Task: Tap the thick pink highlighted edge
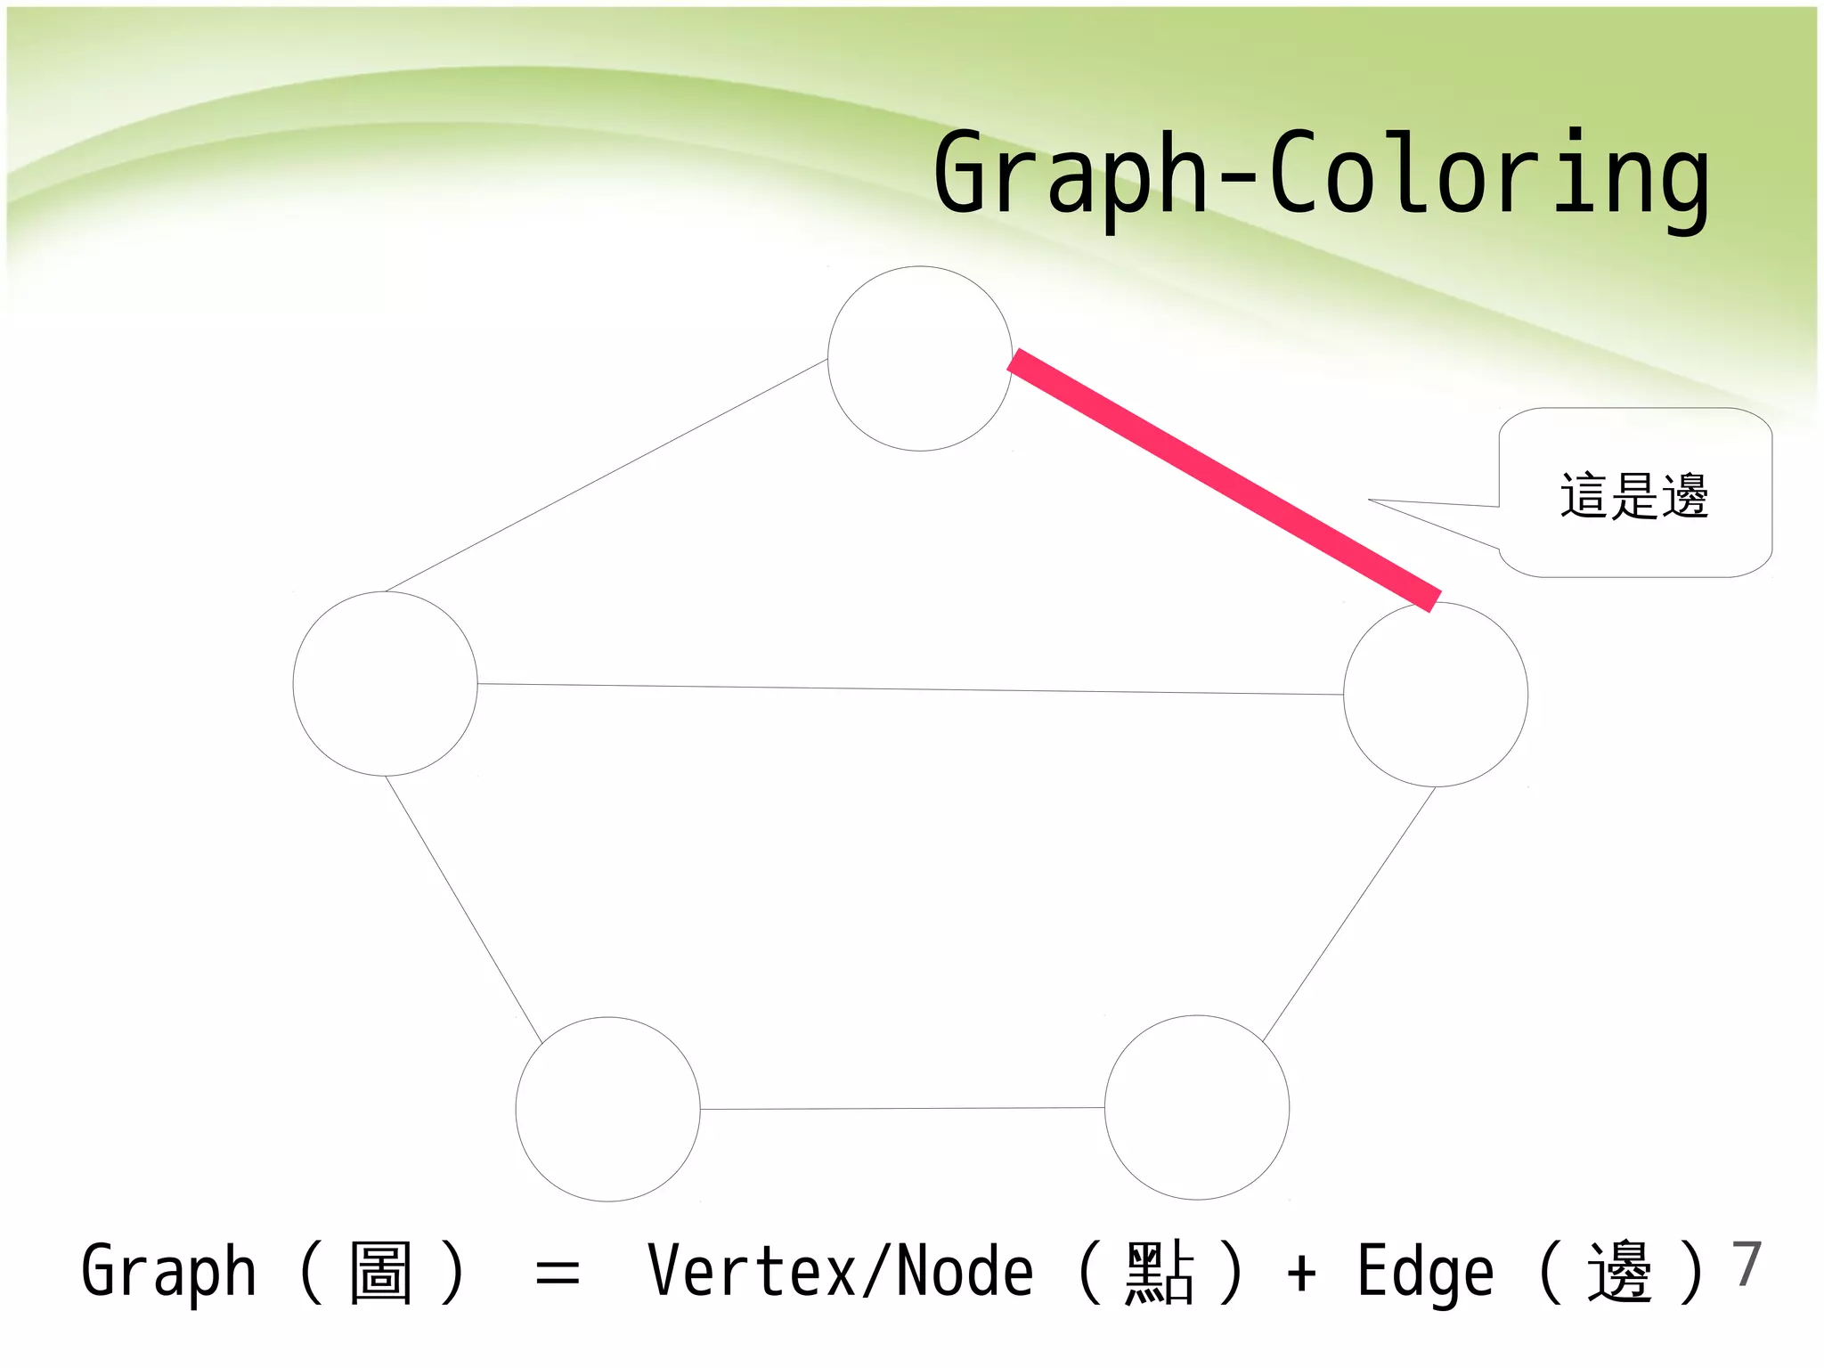[1224, 481]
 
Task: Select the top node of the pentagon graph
[919, 359]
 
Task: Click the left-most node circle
[385, 684]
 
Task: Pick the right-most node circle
[1436, 695]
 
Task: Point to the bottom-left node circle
[608, 1109]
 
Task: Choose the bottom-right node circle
[1197, 1107]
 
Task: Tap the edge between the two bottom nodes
[901, 1109]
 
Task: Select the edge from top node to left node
[606, 476]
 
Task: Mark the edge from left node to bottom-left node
[463, 908]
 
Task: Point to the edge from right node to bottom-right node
[1349, 914]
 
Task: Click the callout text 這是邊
[1634, 496]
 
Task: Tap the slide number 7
[1747, 1264]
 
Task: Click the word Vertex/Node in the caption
[840, 1272]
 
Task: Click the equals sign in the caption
[558, 1274]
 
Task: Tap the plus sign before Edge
[1301, 1273]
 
